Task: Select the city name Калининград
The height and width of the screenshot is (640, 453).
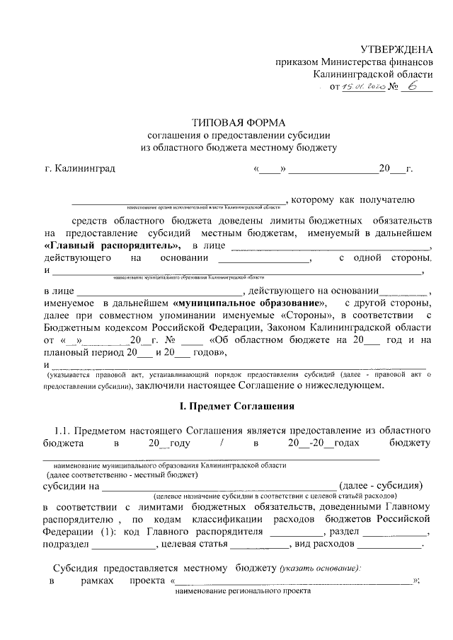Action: point(79,169)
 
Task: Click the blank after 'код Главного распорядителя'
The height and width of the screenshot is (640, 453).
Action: point(295,533)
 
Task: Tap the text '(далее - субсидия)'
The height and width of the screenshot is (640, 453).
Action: point(382,486)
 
